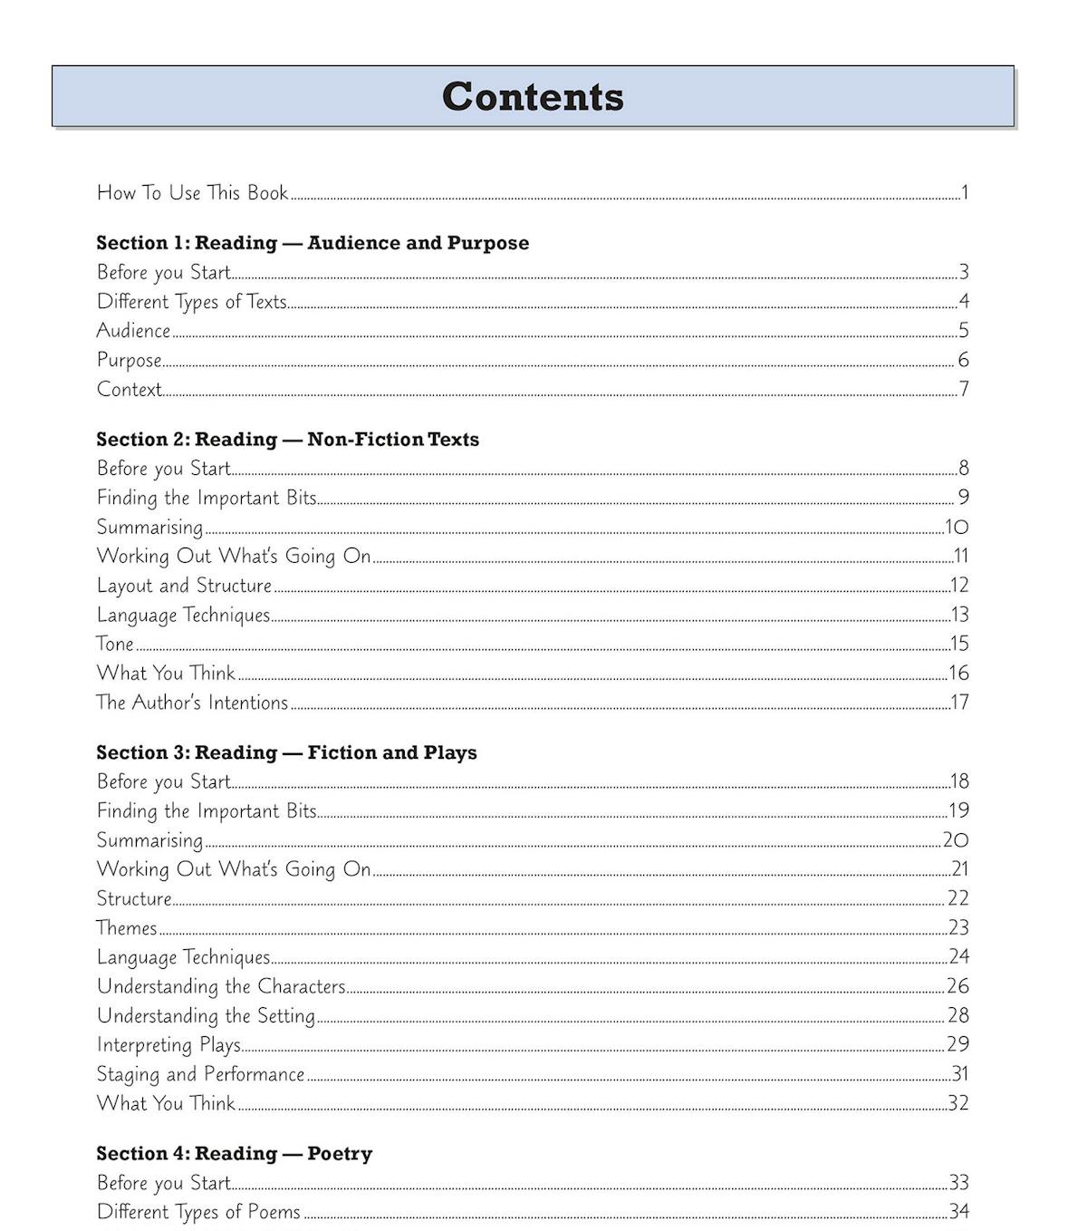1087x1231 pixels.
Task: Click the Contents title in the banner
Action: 533,96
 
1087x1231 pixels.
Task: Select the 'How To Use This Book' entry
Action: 192,192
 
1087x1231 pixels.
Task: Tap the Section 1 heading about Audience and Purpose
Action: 313,243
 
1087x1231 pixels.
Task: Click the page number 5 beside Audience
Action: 963,330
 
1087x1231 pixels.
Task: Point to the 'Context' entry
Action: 129,389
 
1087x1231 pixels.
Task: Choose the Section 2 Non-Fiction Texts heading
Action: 287,440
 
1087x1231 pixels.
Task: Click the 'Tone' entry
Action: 115,644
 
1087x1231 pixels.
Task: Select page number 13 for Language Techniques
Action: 959,615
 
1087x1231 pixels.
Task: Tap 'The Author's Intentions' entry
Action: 192,703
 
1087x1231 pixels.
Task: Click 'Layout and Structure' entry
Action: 184,586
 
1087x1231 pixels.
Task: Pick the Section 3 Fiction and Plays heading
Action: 286,752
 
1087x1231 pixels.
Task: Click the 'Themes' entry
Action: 127,927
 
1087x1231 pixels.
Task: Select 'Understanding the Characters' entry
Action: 221,986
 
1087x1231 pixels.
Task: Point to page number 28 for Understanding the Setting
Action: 957,1015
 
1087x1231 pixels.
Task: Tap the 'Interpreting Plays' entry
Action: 168,1045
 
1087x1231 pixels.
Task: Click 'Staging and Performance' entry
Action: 200,1074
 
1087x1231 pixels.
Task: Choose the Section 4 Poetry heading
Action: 234,1153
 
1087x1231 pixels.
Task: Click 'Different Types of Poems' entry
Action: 198,1212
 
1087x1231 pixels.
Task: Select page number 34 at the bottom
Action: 958,1211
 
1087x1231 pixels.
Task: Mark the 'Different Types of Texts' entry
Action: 191,302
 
